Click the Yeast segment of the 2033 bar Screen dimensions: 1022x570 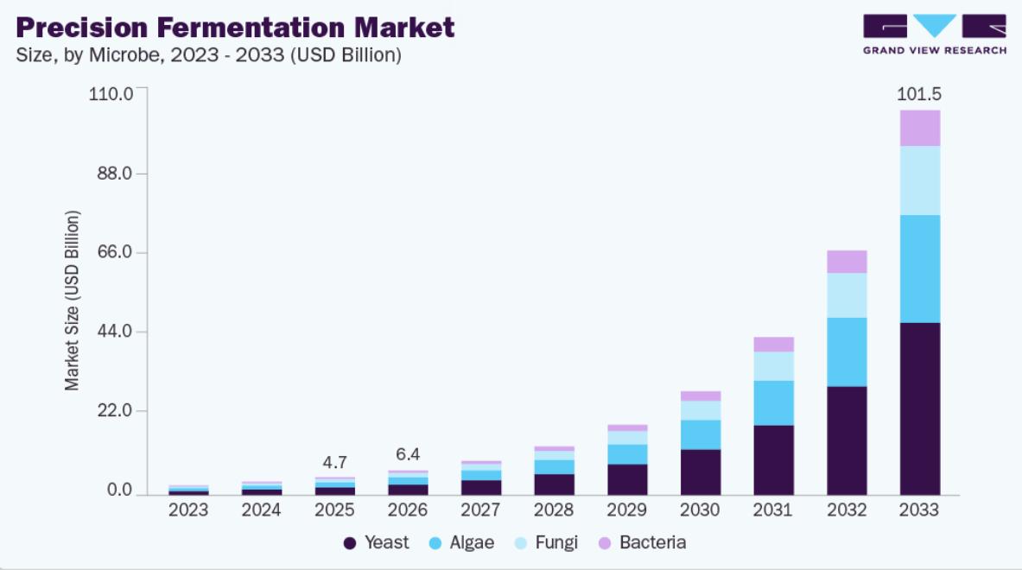tap(920, 408)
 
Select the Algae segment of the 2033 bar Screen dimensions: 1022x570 tap(920, 269)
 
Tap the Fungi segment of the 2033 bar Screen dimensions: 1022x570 tap(920, 180)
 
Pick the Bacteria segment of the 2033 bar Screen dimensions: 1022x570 tap(920, 129)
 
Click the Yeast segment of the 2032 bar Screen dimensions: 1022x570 tap(847, 440)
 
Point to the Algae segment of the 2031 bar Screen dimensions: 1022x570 tap(774, 403)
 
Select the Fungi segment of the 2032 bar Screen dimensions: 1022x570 tap(847, 295)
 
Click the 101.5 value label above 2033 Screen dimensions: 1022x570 tap(919, 94)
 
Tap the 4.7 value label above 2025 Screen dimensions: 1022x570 tap(334, 463)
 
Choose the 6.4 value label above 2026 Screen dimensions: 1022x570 tap(408, 454)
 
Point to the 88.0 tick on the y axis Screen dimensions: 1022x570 tap(115, 174)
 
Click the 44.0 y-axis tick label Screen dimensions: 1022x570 tap(115, 331)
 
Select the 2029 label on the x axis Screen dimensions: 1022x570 tap(627, 510)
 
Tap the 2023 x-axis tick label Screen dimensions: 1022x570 tap(188, 510)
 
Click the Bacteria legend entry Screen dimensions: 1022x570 tap(642, 542)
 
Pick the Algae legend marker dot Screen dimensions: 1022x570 tap(435, 543)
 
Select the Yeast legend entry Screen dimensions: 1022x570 tap(376, 542)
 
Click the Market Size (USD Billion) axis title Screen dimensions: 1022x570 tap(72, 301)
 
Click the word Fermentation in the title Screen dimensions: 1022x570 tap(251, 28)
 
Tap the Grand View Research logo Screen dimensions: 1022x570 tap(935, 35)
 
